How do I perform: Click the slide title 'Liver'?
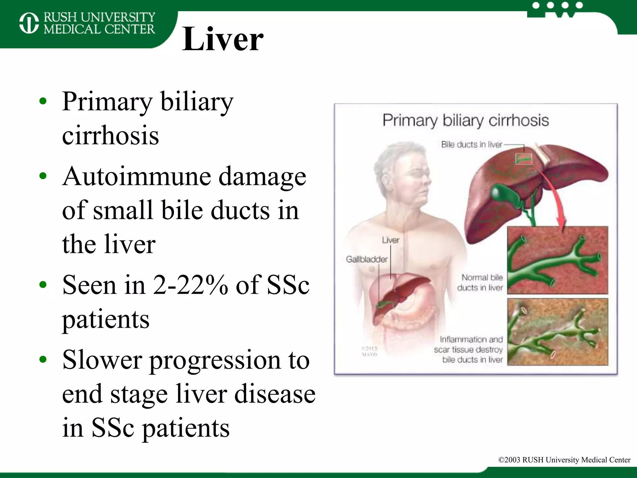point(222,39)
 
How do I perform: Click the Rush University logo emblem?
point(29,23)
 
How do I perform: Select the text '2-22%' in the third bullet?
point(190,285)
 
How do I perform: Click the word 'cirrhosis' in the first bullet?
point(110,136)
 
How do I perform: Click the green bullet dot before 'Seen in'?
point(43,284)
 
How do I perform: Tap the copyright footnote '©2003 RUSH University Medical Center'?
point(564,460)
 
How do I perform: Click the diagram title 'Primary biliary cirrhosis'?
point(466,120)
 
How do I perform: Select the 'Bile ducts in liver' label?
point(472,145)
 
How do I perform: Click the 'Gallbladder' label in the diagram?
point(367,259)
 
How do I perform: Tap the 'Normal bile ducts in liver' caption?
point(480,283)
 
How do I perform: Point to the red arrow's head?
point(561,229)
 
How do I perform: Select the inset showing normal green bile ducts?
point(557,260)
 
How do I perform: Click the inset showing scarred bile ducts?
point(557,332)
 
